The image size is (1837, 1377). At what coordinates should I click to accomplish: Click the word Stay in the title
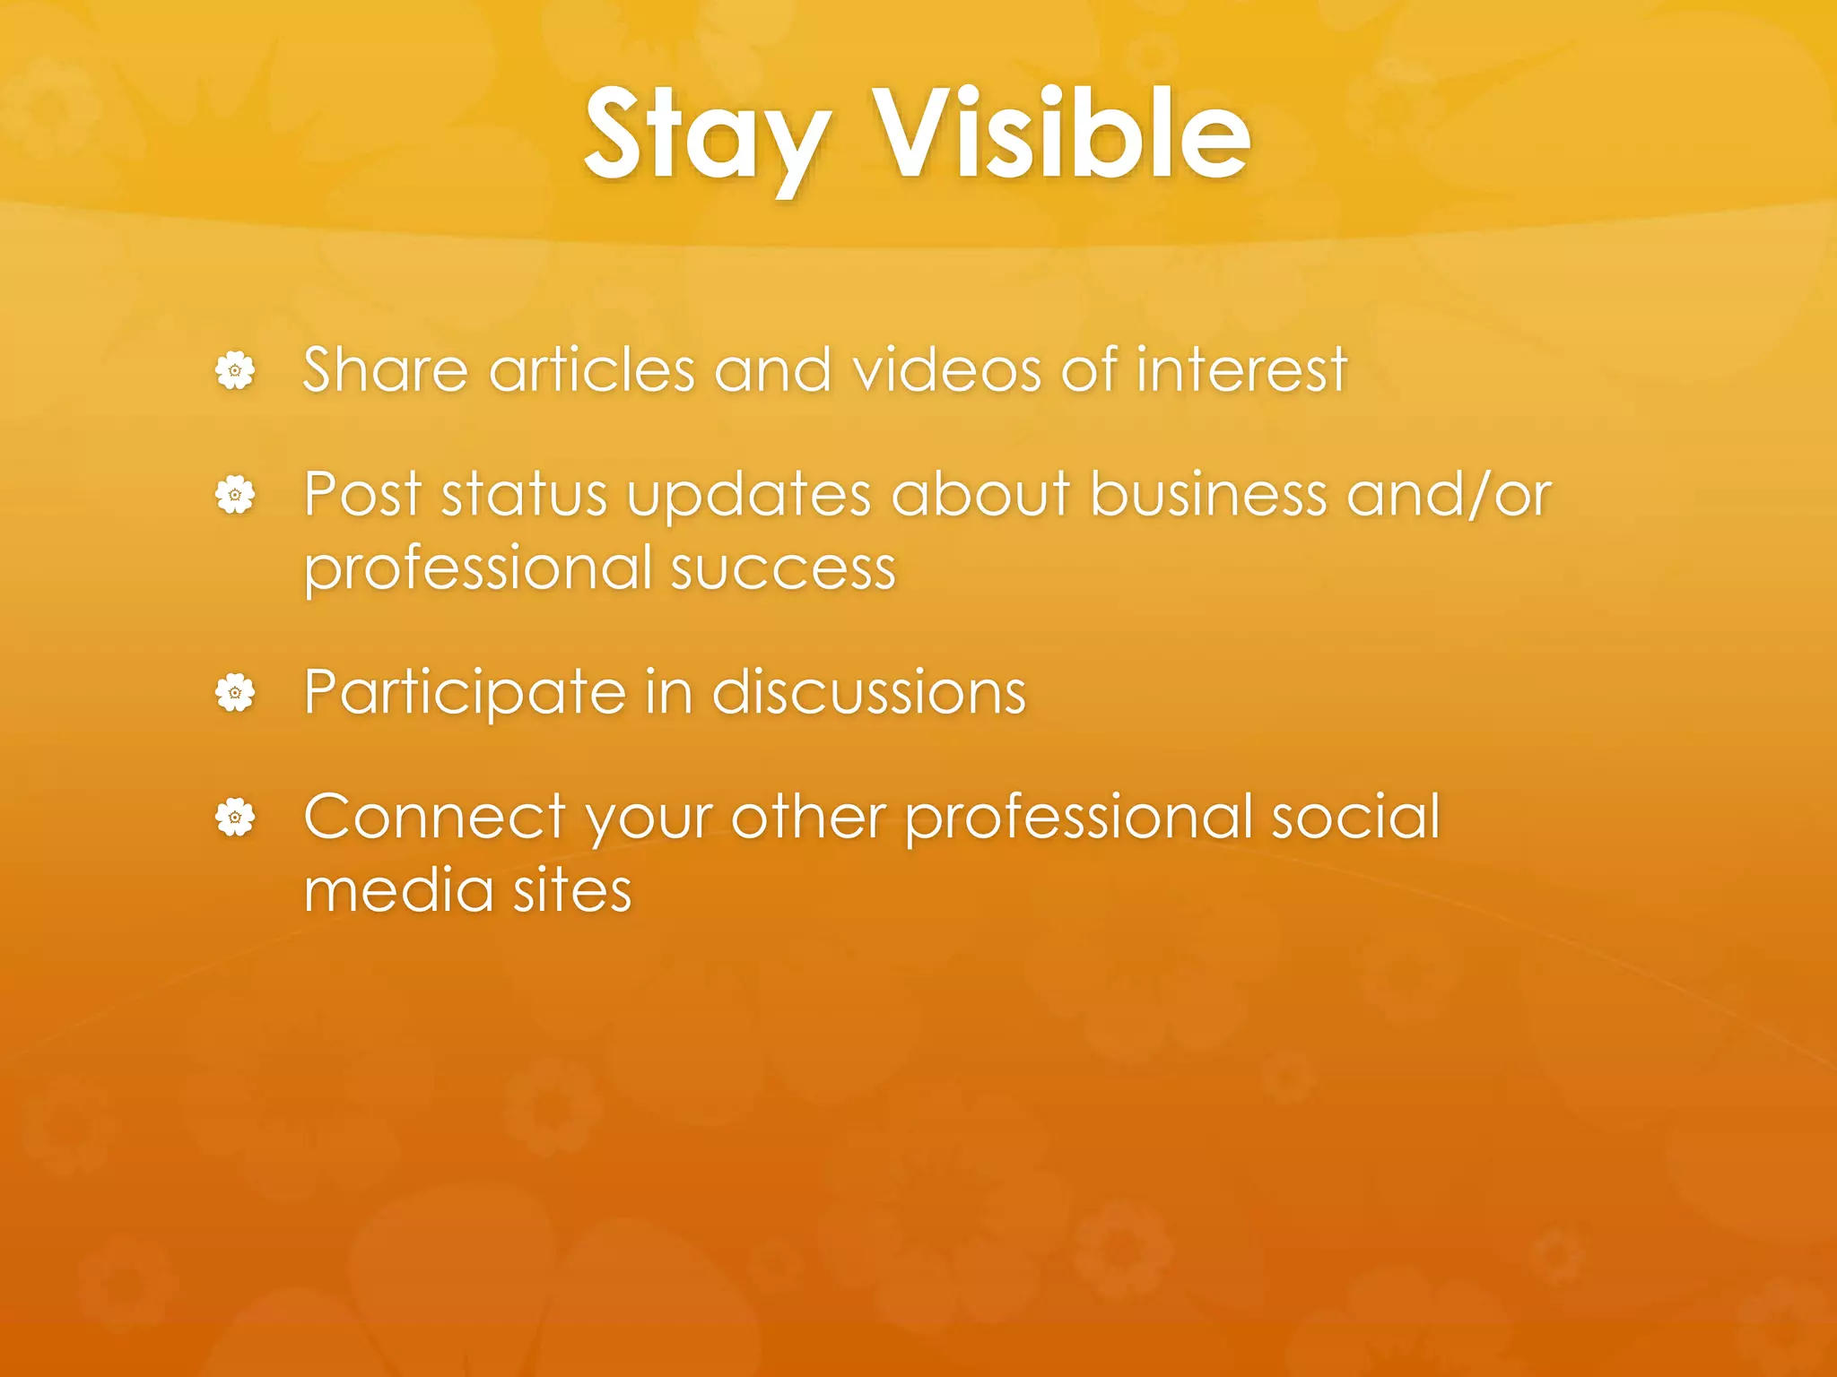tap(706, 136)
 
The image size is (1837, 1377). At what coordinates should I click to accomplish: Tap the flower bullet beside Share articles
tap(235, 370)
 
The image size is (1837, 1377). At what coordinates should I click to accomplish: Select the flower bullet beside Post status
tap(235, 495)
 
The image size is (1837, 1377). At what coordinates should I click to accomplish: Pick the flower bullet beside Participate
tap(235, 693)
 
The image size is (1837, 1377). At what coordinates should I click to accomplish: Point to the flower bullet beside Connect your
tap(235, 818)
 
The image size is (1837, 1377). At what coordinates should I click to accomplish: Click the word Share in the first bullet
tap(386, 369)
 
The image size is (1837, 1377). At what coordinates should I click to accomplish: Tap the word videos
tap(946, 369)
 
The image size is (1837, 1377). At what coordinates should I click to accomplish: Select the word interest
tap(1242, 369)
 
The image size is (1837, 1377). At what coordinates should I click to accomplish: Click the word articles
tap(592, 369)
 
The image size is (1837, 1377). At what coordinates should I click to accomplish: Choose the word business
tap(1208, 494)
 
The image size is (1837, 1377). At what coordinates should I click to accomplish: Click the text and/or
tap(1449, 494)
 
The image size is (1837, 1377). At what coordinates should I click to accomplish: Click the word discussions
tap(869, 693)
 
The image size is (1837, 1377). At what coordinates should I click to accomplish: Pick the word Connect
tap(435, 818)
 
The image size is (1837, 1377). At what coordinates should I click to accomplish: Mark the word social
tap(1355, 817)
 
